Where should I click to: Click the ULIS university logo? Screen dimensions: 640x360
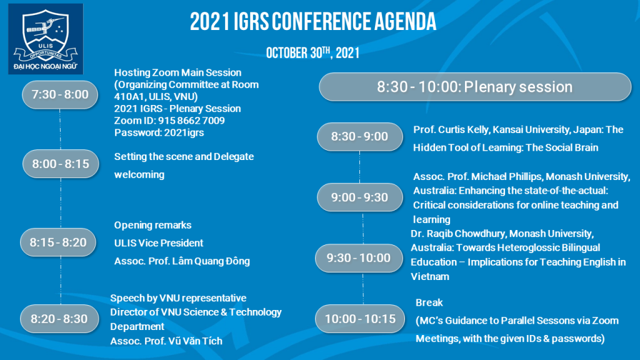coord(46,39)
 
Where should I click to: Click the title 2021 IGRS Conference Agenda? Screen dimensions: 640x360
coord(313,22)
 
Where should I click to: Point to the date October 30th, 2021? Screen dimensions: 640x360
coord(312,52)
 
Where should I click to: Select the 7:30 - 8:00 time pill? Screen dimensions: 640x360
coord(60,95)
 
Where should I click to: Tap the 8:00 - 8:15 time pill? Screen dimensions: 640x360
coord(61,164)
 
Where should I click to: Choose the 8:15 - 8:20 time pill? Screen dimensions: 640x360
coord(58,242)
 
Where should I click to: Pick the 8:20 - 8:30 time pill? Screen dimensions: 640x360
coord(59,319)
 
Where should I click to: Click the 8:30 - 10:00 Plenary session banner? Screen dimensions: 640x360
coord(475,87)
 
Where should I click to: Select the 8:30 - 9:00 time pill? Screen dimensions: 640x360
coord(359,137)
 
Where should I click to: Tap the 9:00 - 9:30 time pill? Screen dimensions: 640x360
coord(359,197)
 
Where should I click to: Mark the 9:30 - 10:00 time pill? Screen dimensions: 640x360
coord(359,258)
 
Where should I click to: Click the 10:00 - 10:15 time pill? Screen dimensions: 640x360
coord(360,319)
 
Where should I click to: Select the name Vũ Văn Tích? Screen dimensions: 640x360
coord(197,341)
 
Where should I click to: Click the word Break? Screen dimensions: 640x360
coord(429,302)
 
